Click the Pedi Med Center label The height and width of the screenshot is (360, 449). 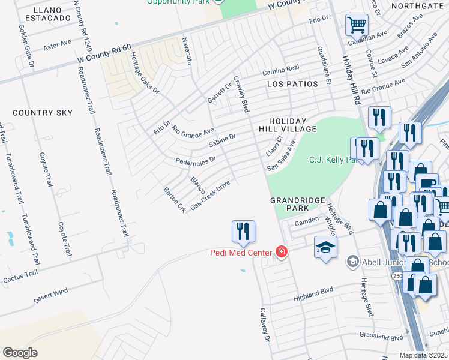pyautogui.click(x=241, y=252)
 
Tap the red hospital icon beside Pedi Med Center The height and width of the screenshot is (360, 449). pyautogui.click(x=280, y=251)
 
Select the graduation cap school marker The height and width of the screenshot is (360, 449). pyautogui.click(x=325, y=248)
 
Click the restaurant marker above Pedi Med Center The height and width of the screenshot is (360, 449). pyautogui.click(x=243, y=231)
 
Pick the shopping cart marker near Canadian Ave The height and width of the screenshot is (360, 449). pyautogui.click(x=357, y=26)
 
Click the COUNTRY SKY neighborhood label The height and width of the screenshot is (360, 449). pyautogui.click(x=43, y=113)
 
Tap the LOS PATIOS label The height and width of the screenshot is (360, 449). pyautogui.click(x=292, y=84)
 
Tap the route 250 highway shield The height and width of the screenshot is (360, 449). pyautogui.click(x=397, y=275)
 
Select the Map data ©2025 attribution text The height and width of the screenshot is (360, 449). pyautogui.click(x=423, y=355)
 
